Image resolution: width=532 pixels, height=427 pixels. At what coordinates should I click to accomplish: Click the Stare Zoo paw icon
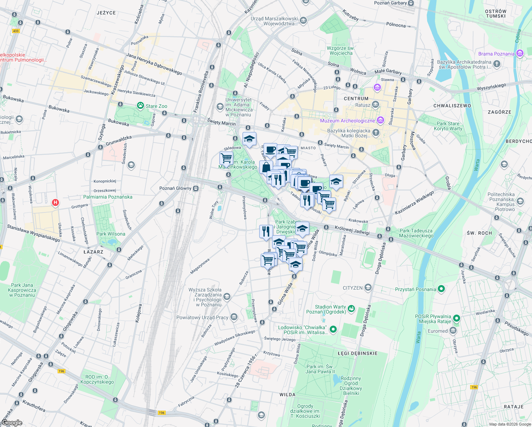[x=140, y=106]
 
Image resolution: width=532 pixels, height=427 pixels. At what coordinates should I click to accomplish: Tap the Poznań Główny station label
[x=175, y=188]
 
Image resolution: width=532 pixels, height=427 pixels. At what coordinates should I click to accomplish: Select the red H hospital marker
[x=55, y=203]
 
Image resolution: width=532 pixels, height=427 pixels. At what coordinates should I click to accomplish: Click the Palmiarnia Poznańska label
[x=108, y=197]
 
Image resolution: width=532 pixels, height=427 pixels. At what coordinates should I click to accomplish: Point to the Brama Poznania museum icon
[x=520, y=54]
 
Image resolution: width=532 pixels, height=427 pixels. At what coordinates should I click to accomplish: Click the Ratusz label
[x=363, y=105]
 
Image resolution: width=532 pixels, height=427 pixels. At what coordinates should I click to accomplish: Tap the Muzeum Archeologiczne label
[x=347, y=121]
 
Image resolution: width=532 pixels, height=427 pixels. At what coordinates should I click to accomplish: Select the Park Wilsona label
[x=111, y=234]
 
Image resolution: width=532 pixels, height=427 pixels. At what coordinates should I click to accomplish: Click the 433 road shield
[x=16, y=31]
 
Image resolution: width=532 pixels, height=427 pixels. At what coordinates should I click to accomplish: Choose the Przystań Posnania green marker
[x=441, y=289]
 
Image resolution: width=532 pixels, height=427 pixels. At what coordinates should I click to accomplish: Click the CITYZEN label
[x=352, y=288]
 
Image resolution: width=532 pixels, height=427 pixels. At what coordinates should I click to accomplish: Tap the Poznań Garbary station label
[x=390, y=3]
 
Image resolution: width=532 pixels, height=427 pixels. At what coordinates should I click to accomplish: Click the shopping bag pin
[x=266, y=167]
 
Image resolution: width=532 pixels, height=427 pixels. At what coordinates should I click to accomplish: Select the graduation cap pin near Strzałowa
[x=336, y=182]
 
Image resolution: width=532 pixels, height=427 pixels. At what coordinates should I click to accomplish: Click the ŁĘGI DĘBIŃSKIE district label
[x=357, y=353]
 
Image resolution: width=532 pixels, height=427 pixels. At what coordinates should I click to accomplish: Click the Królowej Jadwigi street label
[x=352, y=230]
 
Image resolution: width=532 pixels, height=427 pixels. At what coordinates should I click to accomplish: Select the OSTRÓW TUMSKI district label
[x=496, y=14]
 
